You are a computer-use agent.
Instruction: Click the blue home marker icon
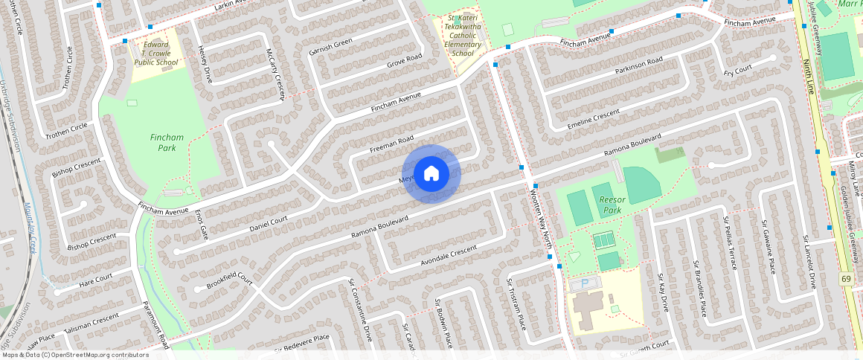(x=431, y=174)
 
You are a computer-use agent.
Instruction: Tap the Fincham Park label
(x=167, y=143)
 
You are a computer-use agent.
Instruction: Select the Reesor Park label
(x=611, y=205)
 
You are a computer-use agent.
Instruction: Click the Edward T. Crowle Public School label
(x=156, y=54)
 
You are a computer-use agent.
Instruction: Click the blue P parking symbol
(x=584, y=283)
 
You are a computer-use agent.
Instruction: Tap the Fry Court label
(x=737, y=71)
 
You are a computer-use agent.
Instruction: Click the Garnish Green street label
(x=330, y=47)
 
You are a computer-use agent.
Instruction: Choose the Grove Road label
(x=404, y=62)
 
